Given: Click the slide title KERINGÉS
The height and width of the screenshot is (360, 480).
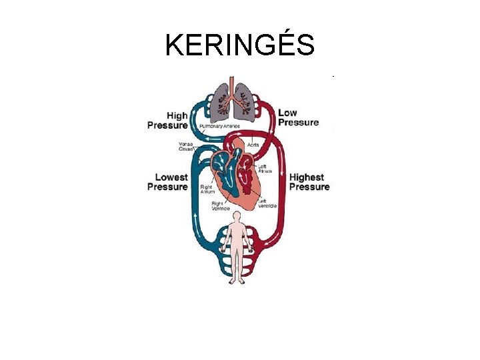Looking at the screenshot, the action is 240,45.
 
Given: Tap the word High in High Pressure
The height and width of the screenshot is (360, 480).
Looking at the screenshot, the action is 177,115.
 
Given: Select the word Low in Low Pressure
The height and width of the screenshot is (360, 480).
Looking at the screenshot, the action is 288,113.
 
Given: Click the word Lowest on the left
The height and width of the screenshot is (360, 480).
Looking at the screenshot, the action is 171,177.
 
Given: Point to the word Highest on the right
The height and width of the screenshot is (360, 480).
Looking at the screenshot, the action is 307,177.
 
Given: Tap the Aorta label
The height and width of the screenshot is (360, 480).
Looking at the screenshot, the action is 254,144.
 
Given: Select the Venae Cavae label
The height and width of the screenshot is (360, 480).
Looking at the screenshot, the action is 186,146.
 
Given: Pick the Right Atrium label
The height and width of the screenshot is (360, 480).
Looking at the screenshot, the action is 207,190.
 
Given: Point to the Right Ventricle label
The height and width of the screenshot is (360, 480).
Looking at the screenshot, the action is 221,206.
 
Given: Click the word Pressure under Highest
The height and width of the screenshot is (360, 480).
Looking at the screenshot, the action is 309,187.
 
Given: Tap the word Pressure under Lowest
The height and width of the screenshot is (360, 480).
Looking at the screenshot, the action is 167,187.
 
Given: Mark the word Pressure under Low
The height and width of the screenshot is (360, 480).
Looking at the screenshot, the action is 298,123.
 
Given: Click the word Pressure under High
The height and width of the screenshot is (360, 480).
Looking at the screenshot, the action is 167,125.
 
